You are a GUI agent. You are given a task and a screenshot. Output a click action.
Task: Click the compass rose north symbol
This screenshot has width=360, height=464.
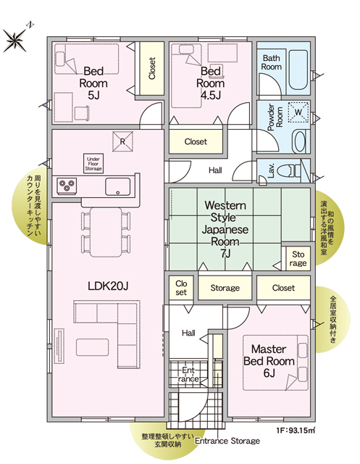click(x=14, y=39)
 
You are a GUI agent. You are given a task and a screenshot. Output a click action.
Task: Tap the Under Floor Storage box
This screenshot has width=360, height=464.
click(x=93, y=164)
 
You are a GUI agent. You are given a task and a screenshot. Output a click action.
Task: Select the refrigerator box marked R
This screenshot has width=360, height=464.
click(x=122, y=141)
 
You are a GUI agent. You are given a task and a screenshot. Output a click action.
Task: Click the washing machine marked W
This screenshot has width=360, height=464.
click(x=298, y=112)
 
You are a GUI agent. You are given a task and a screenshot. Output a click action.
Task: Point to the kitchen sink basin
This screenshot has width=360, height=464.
click(x=117, y=187)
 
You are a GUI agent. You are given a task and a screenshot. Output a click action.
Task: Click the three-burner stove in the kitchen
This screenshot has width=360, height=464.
click(x=67, y=186)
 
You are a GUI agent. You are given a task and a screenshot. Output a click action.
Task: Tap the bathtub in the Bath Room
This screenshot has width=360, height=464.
click(x=298, y=70)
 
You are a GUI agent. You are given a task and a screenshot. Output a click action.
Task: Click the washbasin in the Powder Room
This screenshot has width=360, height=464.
click(x=298, y=141)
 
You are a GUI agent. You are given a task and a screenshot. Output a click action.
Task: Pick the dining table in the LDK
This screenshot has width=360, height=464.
click(x=106, y=232)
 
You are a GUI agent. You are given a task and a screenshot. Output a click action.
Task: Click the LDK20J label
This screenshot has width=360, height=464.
click(x=108, y=286)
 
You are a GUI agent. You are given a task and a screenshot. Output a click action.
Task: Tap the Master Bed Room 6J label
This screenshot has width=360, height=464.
click(x=269, y=361)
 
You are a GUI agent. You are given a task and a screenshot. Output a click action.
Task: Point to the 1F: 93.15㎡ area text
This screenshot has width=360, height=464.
click(x=296, y=430)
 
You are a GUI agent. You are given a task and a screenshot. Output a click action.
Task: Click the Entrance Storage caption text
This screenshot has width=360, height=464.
click(x=227, y=441)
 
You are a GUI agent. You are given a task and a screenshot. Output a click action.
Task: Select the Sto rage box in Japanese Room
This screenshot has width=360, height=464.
click(x=298, y=258)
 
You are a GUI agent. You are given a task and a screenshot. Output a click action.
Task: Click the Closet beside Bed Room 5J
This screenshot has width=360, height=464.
click(x=152, y=68)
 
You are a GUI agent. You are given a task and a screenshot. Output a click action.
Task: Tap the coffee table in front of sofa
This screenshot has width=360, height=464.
click(x=92, y=347)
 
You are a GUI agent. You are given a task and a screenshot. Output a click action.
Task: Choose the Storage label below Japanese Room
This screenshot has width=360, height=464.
click(x=225, y=288)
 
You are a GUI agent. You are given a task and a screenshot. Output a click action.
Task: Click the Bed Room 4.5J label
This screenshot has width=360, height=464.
click(x=211, y=83)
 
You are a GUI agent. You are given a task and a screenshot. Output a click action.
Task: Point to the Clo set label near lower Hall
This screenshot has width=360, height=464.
click(x=181, y=288)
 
